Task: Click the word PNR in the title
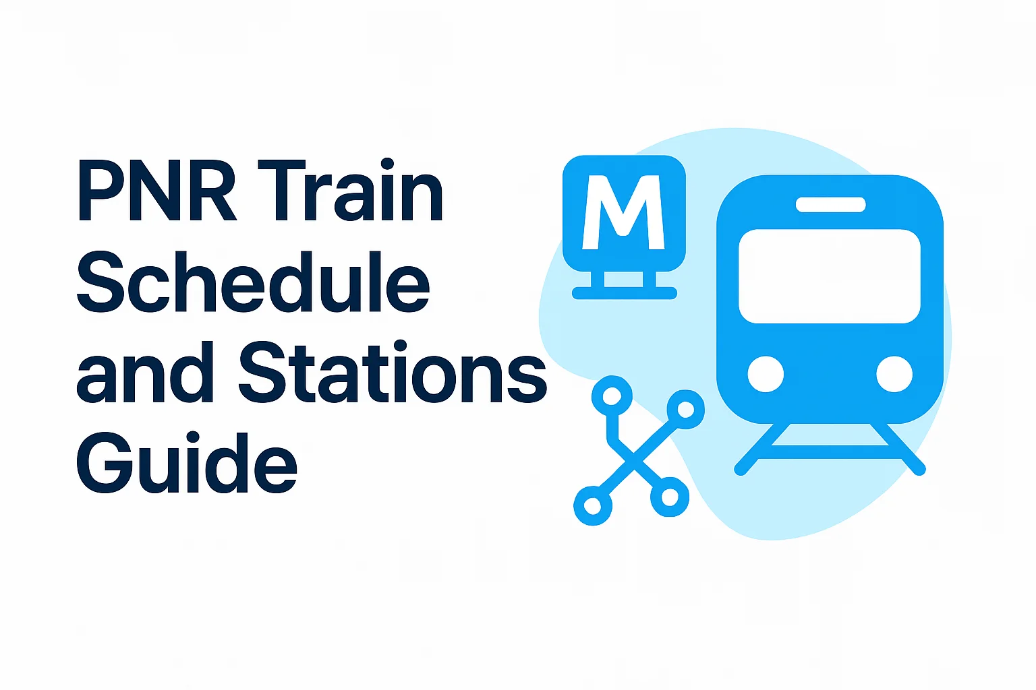[157, 191]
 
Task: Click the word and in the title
[145, 373]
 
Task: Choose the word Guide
[186, 464]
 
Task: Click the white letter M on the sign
[624, 212]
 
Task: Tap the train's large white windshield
[830, 276]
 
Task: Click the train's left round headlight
[766, 374]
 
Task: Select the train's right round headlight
[894, 374]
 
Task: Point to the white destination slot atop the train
[830, 205]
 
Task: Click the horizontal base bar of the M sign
[624, 293]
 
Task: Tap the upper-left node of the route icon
[612, 396]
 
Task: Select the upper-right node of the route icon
[685, 409]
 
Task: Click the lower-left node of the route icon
[592, 505]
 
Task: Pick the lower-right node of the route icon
[669, 497]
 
